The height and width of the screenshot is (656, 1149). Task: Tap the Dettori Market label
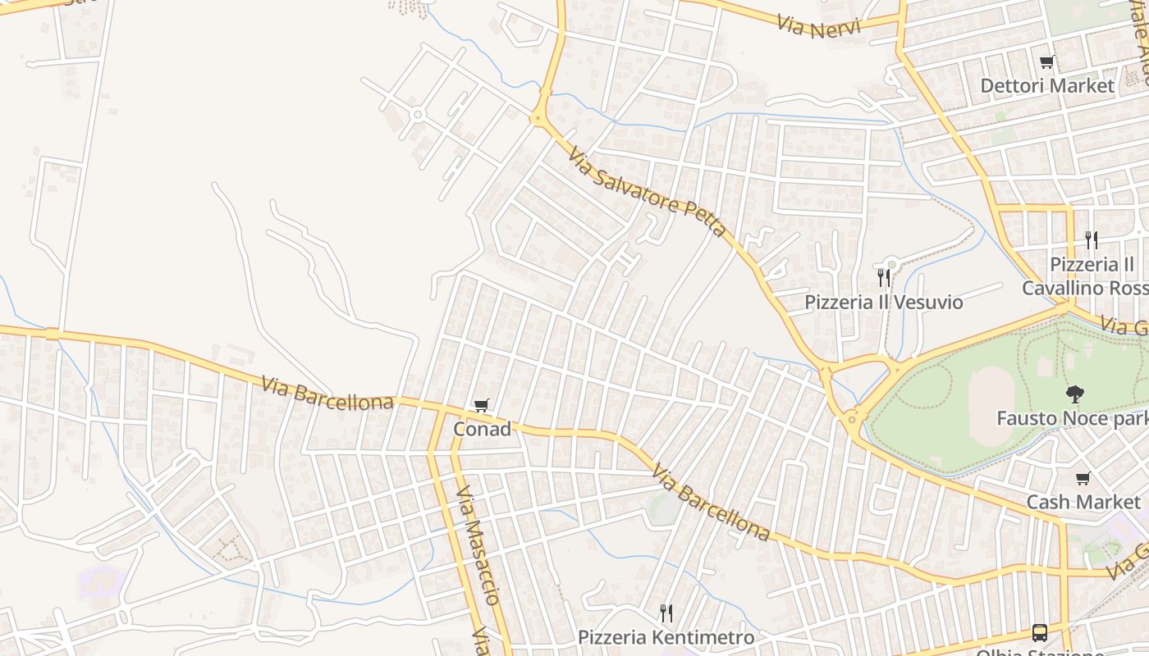point(1047,85)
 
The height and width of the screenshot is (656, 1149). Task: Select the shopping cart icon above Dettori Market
point(1046,61)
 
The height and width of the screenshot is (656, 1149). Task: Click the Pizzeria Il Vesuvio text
point(883,302)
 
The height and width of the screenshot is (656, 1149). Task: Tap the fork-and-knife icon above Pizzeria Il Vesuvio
point(884,277)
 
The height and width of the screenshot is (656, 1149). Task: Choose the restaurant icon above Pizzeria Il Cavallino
point(1091,239)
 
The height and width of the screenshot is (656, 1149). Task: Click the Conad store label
point(482,429)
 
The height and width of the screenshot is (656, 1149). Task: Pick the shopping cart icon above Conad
point(482,405)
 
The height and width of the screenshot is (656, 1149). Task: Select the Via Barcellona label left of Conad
point(327,393)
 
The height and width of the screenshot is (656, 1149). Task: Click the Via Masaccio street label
point(478,544)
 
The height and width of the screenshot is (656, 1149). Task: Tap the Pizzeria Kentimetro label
point(666,637)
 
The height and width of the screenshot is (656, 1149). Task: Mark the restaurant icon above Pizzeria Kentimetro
point(666,613)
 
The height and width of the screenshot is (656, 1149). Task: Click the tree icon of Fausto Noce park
point(1073,394)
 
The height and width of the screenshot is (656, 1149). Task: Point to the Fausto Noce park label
point(1071,418)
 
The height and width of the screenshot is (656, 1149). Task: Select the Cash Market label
point(1083,502)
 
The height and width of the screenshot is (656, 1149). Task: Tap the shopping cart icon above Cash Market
point(1083,478)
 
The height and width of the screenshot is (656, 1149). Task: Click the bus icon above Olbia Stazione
point(1040,632)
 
